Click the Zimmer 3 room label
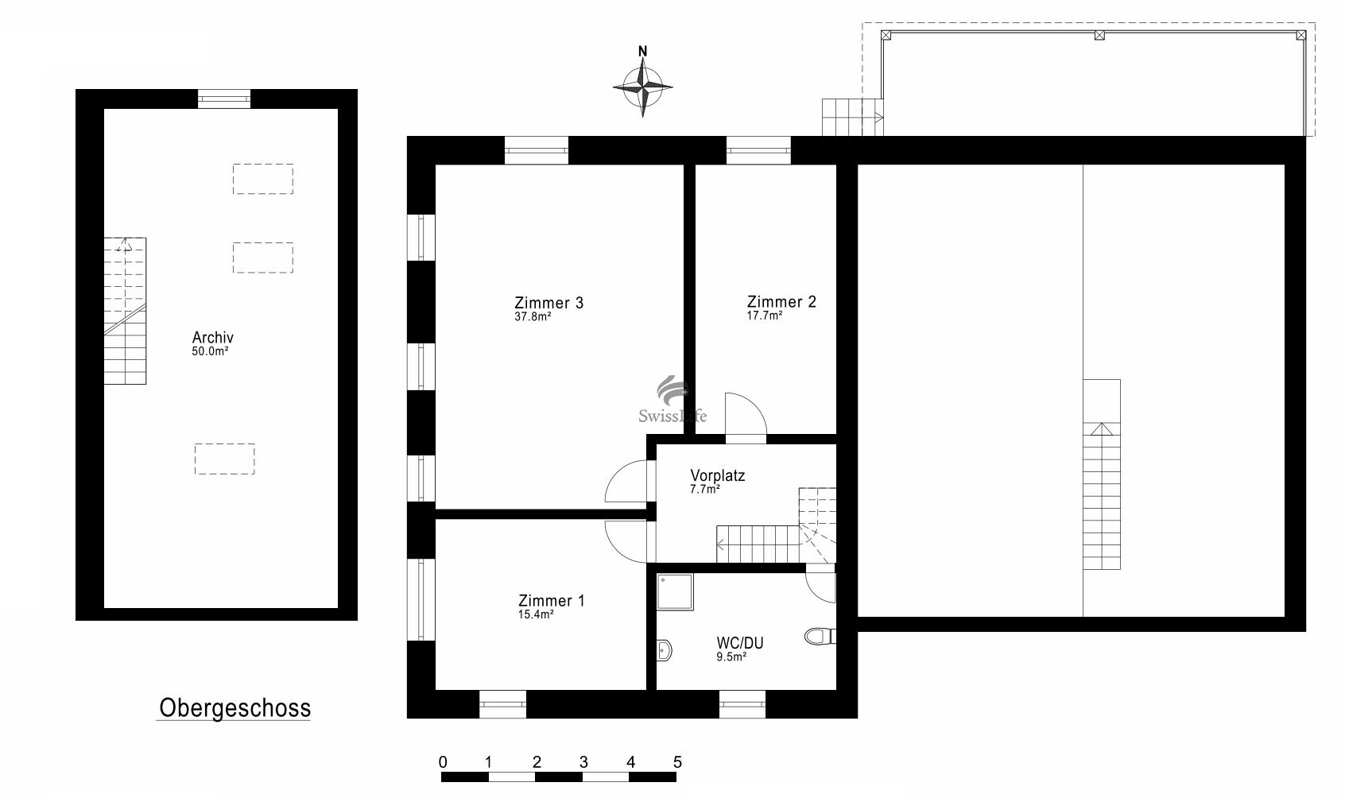pyautogui.click(x=548, y=303)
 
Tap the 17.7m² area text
pyautogui.click(x=765, y=316)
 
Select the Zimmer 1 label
pyautogui.click(x=551, y=600)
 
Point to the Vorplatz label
pyautogui.click(x=718, y=475)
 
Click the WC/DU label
pyautogui.click(x=740, y=643)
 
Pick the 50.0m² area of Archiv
pyautogui.click(x=210, y=351)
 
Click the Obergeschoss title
pyautogui.click(x=235, y=708)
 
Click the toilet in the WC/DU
pyautogui.click(x=820, y=636)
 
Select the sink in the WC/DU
pyautogui.click(x=664, y=650)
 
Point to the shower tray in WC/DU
pyautogui.click(x=675, y=592)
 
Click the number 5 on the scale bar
pyautogui.click(x=677, y=762)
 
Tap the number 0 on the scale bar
pyautogui.click(x=443, y=762)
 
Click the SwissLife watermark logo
pyautogui.click(x=672, y=399)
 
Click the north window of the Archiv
pyautogui.click(x=224, y=99)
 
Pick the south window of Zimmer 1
pyautogui.click(x=502, y=704)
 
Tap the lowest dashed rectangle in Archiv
pyautogui.click(x=225, y=459)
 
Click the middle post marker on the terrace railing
pyautogui.click(x=1099, y=36)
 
